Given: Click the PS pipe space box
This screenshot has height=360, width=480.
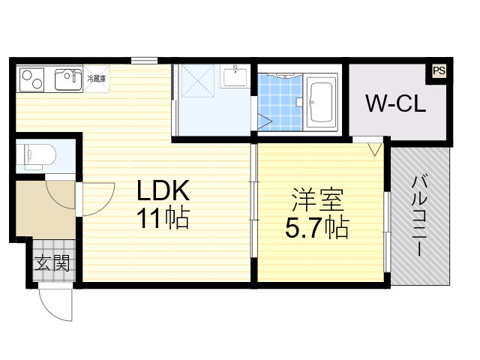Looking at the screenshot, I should [x=438, y=72].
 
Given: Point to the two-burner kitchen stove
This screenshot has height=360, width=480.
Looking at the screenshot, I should [x=33, y=77].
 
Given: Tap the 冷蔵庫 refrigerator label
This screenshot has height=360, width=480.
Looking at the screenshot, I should [x=97, y=77].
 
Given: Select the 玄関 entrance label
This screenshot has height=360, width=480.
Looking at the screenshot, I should [x=52, y=264].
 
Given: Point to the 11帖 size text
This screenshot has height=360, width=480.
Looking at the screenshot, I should [x=162, y=218].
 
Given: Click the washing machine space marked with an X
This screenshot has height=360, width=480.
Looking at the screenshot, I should [x=198, y=88].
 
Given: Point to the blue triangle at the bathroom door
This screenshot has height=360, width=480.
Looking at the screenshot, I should [x=263, y=120].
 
